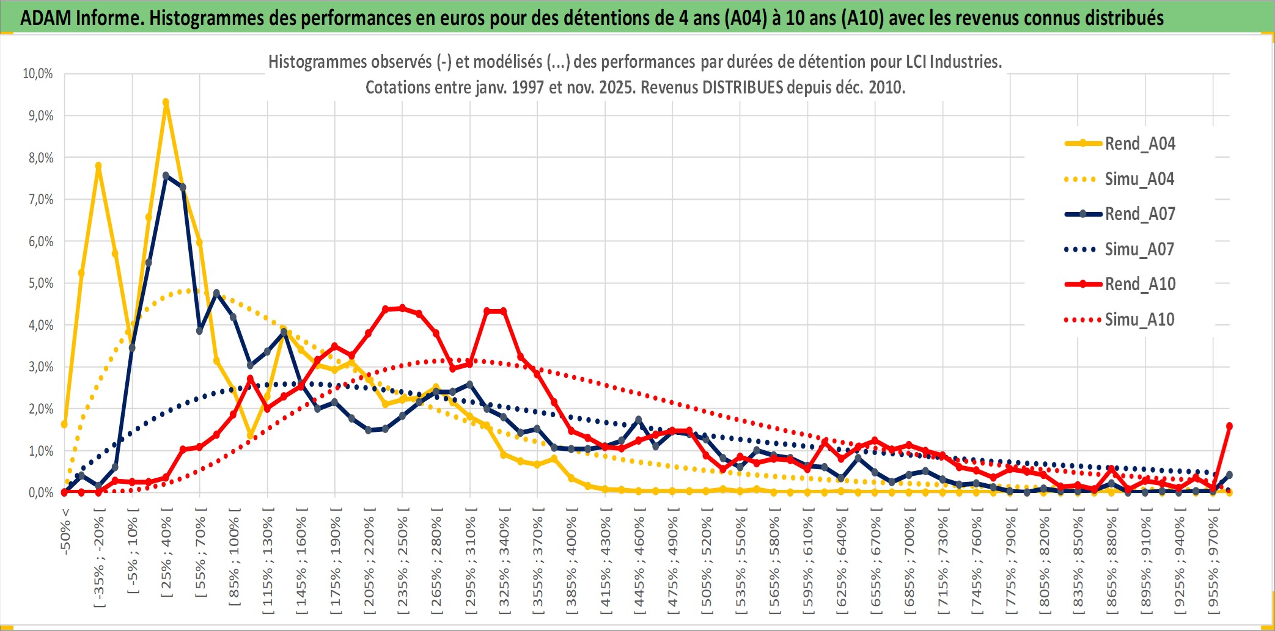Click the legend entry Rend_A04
tap(1139, 144)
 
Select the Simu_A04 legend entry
tap(1139, 179)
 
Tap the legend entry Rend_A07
tap(1139, 214)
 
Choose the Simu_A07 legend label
tap(1139, 249)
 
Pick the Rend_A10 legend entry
tap(1139, 284)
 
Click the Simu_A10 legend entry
tap(1139, 319)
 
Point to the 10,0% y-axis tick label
tap(38, 74)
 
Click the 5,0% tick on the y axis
tap(40, 283)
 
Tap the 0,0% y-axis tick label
tap(40, 493)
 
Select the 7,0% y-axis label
tap(40, 200)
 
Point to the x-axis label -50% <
tap(65, 531)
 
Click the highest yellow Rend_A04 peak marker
tap(166, 103)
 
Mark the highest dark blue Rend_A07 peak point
tap(166, 175)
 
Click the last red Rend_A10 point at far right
tap(1229, 426)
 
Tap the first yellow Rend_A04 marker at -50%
tap(64, 425)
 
